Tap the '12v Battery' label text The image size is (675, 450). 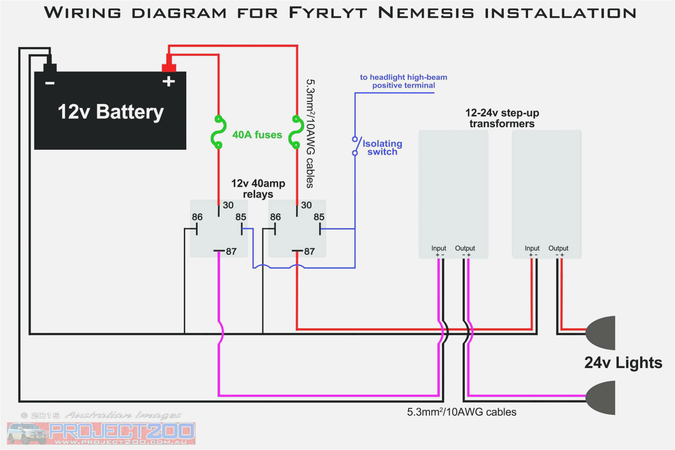[111, 112]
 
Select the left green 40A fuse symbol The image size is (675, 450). [218, 132]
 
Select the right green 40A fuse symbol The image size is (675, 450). [297, 132]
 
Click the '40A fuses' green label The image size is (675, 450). [257, 135]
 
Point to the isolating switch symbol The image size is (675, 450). [356, 146]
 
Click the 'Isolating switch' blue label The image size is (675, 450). [382, 148]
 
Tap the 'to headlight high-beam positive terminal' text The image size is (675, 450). [403, 81]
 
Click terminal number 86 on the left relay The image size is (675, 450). [197, 217]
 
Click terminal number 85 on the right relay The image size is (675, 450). [319, 217]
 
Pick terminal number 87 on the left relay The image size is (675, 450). [231, 251]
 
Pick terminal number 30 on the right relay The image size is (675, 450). [306, 205]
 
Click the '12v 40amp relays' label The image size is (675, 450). [258, 189]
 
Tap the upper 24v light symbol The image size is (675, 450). [600, 333]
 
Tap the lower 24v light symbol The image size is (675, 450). [600, 398]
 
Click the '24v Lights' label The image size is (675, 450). [623, 363]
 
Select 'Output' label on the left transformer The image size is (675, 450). [465, 248]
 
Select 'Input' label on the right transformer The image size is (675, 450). [532, 248]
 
